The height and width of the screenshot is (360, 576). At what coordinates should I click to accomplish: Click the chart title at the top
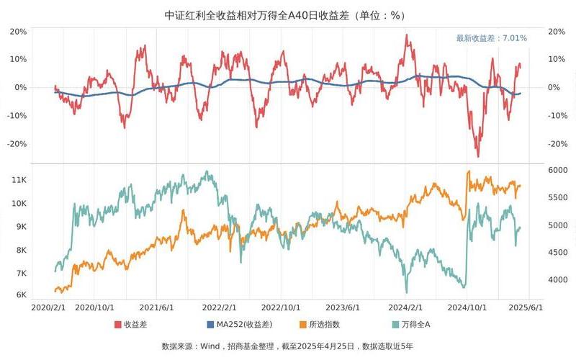288,14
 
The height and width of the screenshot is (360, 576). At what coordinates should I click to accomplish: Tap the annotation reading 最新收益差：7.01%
491,38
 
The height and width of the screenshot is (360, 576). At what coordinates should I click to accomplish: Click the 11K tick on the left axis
19,180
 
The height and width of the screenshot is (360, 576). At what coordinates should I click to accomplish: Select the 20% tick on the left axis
19,31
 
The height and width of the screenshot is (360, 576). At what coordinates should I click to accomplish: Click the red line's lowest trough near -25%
477,156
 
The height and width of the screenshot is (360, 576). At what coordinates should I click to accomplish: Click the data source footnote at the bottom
288,346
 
